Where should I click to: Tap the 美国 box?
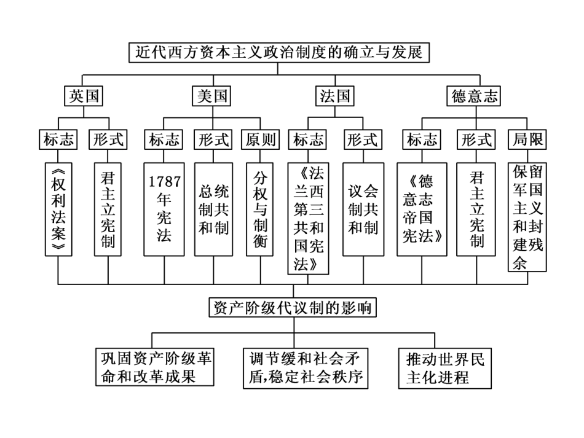[x=212, y=96]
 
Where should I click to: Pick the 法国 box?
[x=335, y=96]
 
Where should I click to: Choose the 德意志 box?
[x=475, y=96]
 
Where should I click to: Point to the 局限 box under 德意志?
[x=528, y=139]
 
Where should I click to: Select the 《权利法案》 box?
[x=59, y=209]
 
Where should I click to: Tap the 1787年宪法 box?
[x=164, y=209]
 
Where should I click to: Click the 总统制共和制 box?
[x=213, y=209]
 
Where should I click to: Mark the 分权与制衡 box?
[x=260, y=209]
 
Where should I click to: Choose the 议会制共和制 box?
[x=363, y=209]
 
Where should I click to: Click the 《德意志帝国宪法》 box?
[x=422, y=209]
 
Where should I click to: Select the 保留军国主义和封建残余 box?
[x=528, y=216]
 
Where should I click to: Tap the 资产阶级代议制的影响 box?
[x=292, y=307]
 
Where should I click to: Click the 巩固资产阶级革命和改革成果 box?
[x=155, y=367]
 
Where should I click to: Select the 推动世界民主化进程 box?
[x=445, y=367]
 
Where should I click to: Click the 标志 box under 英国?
[x=59, y=139]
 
